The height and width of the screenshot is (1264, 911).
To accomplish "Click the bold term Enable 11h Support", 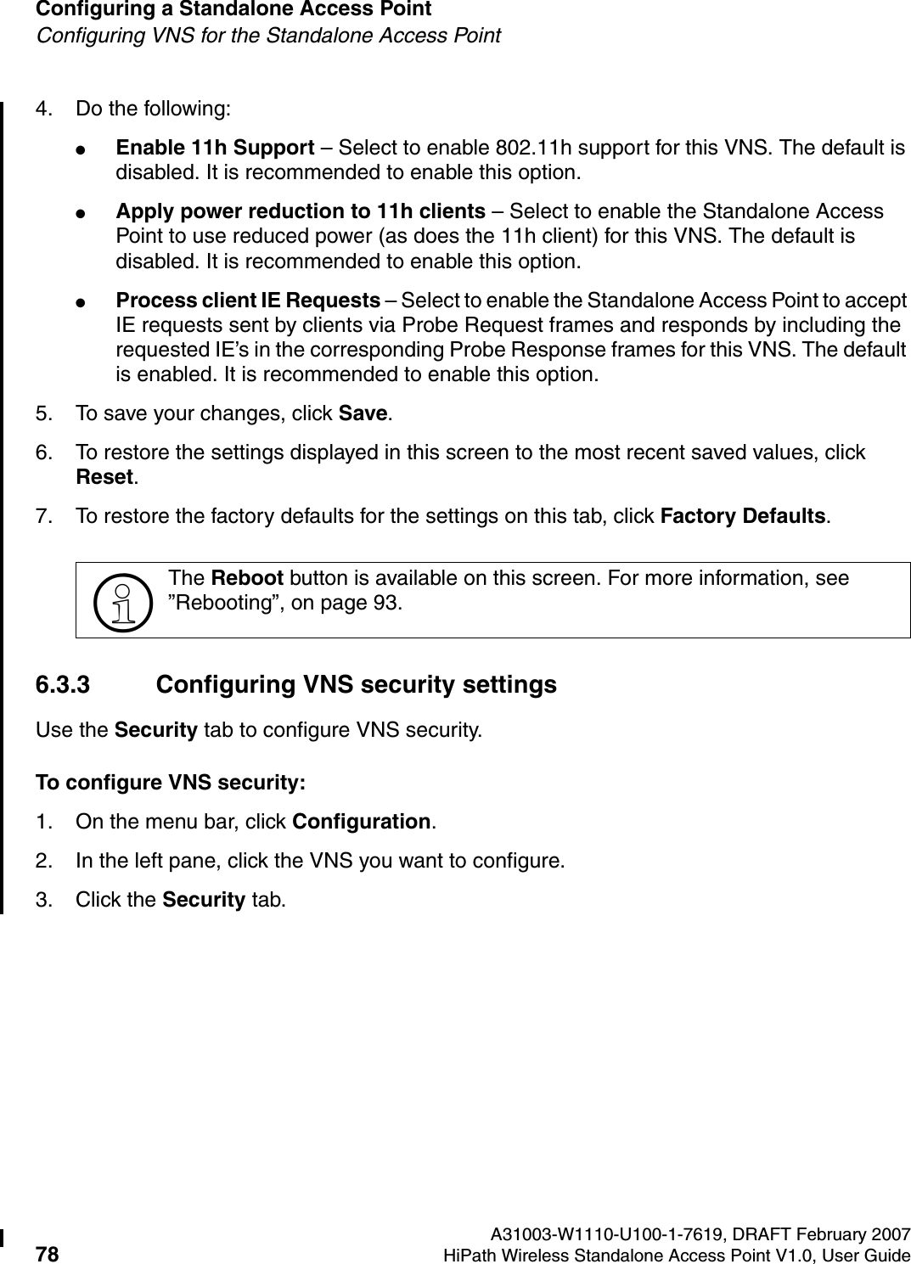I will pyautogui.click(x=215, y=148).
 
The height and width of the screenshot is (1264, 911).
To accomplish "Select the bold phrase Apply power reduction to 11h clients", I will pyautogui.click(x=301, y=211).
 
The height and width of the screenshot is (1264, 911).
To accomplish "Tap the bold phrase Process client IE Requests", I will pyautogui.click(x=247, y=301).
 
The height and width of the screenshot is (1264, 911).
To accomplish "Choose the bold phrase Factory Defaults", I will pyautogui.click(x=743, y=516).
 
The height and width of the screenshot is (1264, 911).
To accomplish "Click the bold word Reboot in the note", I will pyautogui.click(x=246, y=579).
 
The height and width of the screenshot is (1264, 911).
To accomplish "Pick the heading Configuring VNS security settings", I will pyautogui.click(x=357, y=685).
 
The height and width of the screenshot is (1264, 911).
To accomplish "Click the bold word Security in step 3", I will pyautogui.click(x=203, y=900).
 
